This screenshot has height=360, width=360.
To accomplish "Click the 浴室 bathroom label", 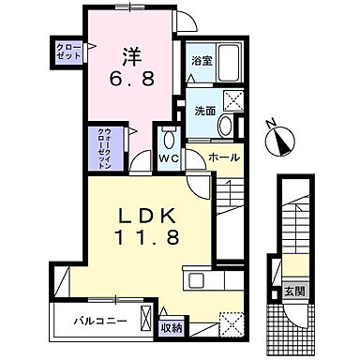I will pyautogui.click(x=200, y=62).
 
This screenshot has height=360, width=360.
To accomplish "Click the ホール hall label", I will pyautogui.click(x=222, y=158).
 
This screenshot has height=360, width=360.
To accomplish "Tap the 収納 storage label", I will pyautogui.click(x=169, y=328).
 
